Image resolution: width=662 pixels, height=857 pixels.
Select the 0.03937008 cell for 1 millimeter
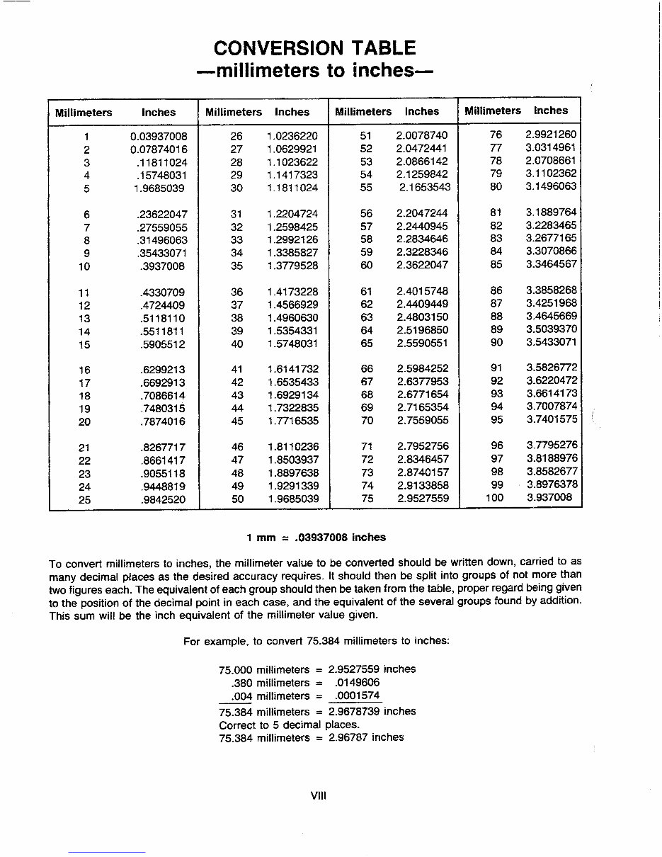coord(159,136)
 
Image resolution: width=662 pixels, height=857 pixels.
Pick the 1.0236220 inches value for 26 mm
coord(292,136)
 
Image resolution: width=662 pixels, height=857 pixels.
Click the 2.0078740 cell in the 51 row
coord(422,135)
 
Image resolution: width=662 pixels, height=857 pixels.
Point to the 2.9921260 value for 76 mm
coord(552,135)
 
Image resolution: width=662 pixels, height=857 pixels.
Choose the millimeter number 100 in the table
coord(495,497)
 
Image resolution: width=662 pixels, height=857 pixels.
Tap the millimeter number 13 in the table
coord(85,319)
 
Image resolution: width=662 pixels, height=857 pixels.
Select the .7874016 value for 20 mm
coord(162,422)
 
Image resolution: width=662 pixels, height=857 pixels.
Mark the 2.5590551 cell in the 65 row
coord(422,344)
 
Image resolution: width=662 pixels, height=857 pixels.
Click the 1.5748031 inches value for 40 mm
coord(292,344)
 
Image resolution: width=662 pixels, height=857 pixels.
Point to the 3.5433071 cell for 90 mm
coord(552,342)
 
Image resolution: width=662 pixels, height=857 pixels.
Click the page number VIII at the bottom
coord(318,795)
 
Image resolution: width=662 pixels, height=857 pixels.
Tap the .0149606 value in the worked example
coord(356,683)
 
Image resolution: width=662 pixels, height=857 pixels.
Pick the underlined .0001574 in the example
coord(356,696)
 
